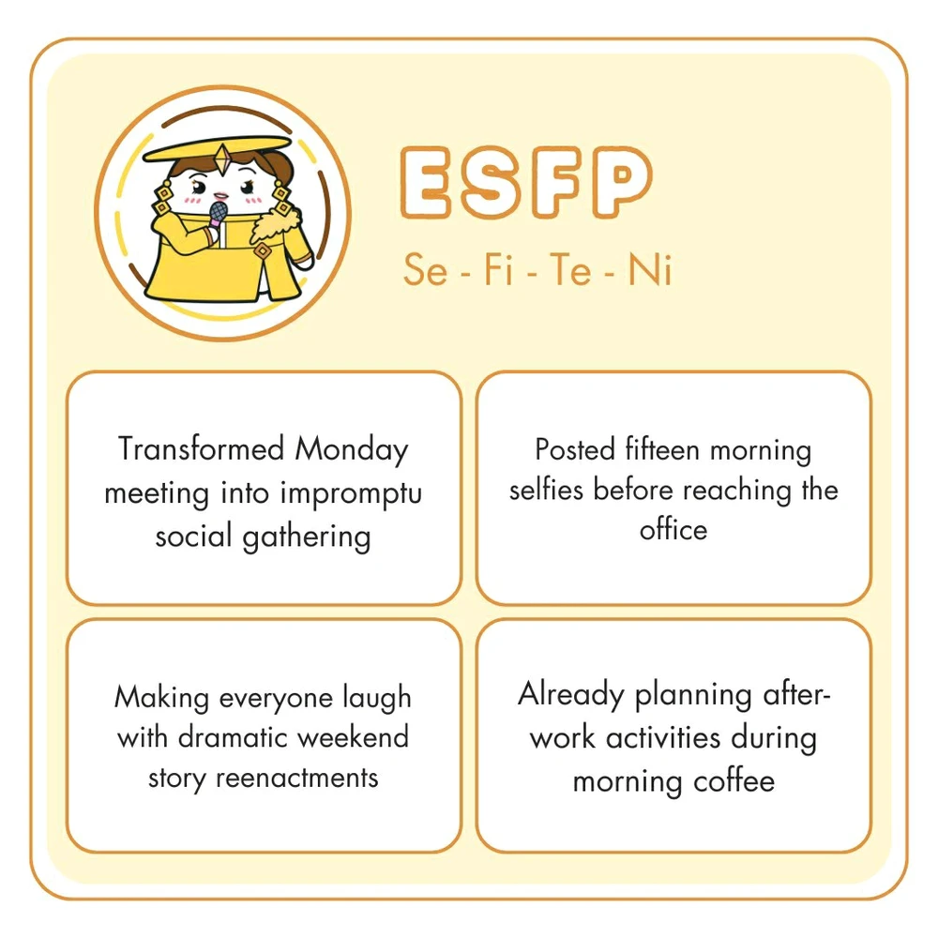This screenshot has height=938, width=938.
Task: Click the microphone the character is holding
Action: (218, 213)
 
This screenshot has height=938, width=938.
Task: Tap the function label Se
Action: (425, 271)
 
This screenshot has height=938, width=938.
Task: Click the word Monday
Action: (352, 450)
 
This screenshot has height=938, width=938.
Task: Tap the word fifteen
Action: (663, 450)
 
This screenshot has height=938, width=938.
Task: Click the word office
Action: (673, 529)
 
